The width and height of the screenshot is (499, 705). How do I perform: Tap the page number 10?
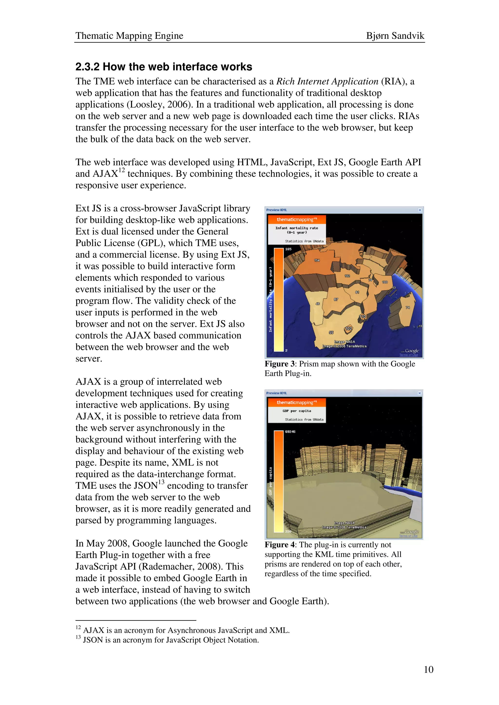(428, 669)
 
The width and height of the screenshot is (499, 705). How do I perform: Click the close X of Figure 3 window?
(420, 210)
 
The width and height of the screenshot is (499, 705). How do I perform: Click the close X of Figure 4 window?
(419, 393)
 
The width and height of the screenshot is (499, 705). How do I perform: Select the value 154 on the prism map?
(317, 260)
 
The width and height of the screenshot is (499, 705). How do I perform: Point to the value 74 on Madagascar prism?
(408, 307)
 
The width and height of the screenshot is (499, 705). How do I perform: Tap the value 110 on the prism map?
(363, 316)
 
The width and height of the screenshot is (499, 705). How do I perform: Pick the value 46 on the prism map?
(318, 304)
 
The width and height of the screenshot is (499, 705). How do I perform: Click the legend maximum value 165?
(288, 249)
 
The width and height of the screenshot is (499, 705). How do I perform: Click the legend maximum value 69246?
(290, 432)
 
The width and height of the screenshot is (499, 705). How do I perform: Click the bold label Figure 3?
(279, 364)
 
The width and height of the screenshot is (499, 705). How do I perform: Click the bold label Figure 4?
(279, 545)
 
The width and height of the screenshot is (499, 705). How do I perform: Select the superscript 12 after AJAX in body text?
(122, 170)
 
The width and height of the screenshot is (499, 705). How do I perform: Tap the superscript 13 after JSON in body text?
(161, 482)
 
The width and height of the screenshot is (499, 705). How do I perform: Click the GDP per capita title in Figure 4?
(297, 411)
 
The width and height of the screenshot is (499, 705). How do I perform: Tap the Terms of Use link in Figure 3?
(408, 355)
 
